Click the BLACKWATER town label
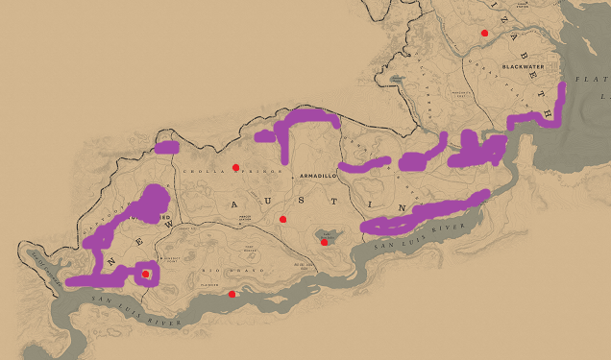pos(523,67)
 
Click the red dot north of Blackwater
pos(484,33)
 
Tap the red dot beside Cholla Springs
pos(235,167)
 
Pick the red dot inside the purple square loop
pos(145,275)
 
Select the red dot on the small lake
pos(325,242)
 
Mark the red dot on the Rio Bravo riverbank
pos(232,294)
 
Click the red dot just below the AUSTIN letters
pos(282,220)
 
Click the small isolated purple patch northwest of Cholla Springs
pos(167,148)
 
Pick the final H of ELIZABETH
pos(549,112)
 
